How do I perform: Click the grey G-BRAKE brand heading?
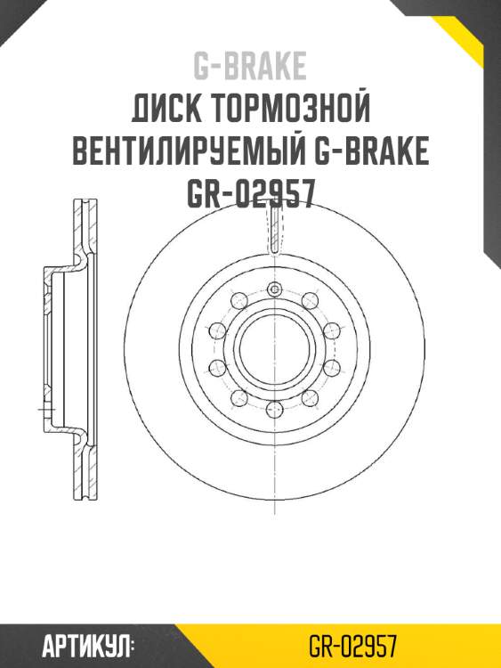click(x=250, y=66)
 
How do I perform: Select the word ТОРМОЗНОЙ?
click(x=290, y=110)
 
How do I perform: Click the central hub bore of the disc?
click(x=275, y=349)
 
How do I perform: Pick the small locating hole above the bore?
click(x=275, y=289)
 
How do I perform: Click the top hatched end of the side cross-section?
click(x=81, y=223)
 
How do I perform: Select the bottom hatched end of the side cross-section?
click(x=81, y=477)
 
